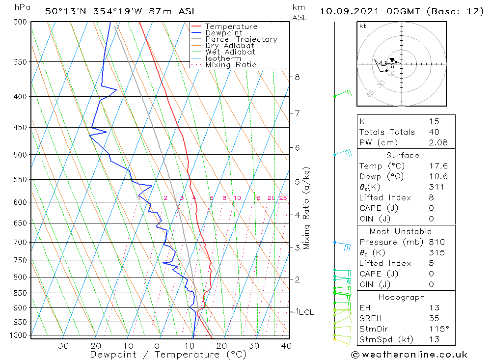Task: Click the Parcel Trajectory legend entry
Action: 241,39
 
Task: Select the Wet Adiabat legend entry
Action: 230,52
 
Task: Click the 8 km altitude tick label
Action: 297,77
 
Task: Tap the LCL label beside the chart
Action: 306,312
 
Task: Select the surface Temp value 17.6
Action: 438,166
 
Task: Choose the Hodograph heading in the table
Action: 402,297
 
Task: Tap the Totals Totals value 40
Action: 434,132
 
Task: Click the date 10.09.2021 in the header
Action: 352,11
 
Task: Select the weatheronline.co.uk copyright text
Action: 409,355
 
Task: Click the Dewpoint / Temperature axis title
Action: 168,355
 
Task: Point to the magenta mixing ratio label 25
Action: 283,198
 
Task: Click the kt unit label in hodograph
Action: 363,26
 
